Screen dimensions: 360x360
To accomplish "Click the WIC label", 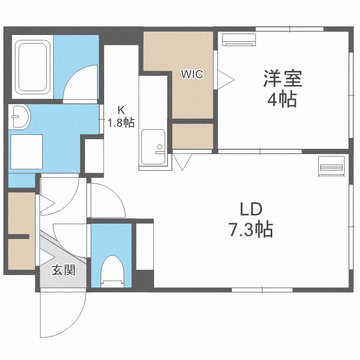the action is click(x=192, y=74).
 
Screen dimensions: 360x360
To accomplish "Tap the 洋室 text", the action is click(x=282, y=78).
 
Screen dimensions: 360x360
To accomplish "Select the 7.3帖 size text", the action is click(x=251, y=229).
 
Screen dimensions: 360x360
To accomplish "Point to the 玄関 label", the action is click(x=63, y=270).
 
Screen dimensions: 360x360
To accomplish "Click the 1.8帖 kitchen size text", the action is click(x=121, y=123).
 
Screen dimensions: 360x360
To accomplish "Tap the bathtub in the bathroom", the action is click(x=32, y=67).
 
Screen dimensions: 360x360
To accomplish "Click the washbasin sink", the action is click(x=20, y=117).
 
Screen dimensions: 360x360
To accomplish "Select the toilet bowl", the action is click(x=112, y=271).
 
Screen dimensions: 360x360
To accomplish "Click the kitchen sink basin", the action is click(x=153, y=147).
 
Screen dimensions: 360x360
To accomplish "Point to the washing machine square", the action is click(x=26, y=152).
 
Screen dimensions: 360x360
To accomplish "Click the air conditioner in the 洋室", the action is click(x=239, y=40).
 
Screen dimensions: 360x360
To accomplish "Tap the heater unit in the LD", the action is click(x=332, y=166).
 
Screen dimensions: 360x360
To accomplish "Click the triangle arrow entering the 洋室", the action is click(x=226, y=80).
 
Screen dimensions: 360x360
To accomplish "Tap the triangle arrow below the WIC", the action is click(x=182, y=162).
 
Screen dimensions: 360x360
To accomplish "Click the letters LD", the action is click(x=251, y=209).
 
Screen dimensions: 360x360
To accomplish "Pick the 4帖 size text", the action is click(x=282, y=100).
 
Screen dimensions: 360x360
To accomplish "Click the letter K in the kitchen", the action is click(x=121, y=110).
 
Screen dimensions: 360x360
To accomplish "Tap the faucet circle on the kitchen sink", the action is click(x=159, y=146).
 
